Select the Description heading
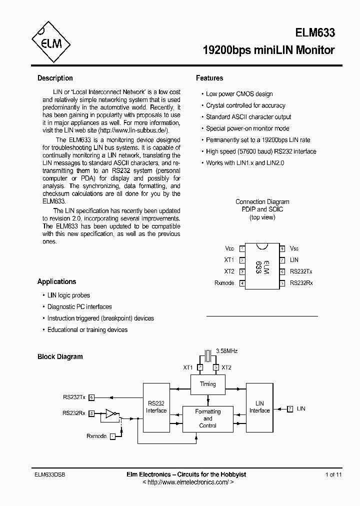(55, 78)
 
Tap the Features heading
(209, 78)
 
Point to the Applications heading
(56, 281)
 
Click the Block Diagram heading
(60, 356)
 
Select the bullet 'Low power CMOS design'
(239, 94)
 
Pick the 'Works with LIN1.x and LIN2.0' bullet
(245, 163)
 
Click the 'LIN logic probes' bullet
(68, 295)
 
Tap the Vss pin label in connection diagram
(294, 248)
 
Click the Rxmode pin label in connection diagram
(224, 283)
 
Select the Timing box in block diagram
(208, 384)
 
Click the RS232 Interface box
(156, 407)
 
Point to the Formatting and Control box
(208, 418)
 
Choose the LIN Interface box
(259, 407)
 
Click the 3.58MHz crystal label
(226, 351)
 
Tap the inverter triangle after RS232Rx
(109, 413)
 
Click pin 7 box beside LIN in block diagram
(289, 409)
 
